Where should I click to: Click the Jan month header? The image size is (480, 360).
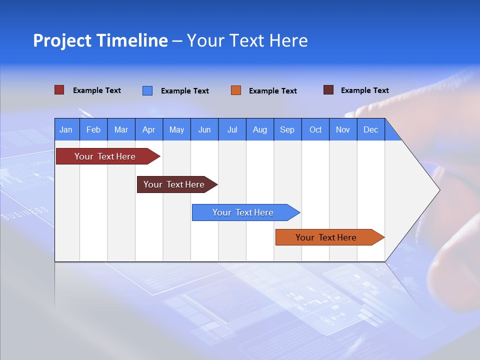point(66,129)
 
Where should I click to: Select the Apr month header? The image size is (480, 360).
point(148,129)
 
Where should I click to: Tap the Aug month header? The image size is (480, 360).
point(259,129)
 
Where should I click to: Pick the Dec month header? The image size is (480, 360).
point(370,129)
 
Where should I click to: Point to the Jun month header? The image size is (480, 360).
point(204,129)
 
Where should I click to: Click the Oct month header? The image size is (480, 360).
point(315,129)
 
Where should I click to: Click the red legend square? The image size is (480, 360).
point(59,90)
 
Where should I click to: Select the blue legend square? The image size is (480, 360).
point(147,90)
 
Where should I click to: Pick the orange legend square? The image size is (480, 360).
point(235,90)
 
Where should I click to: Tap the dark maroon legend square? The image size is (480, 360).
point(328,90)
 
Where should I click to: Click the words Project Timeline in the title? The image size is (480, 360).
point(100,40)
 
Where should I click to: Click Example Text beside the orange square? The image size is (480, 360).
point(272,91)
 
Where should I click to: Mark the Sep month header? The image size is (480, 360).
point(287,129)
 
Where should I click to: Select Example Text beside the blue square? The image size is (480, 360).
point(184,91)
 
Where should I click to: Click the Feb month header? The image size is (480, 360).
point(93,129)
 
